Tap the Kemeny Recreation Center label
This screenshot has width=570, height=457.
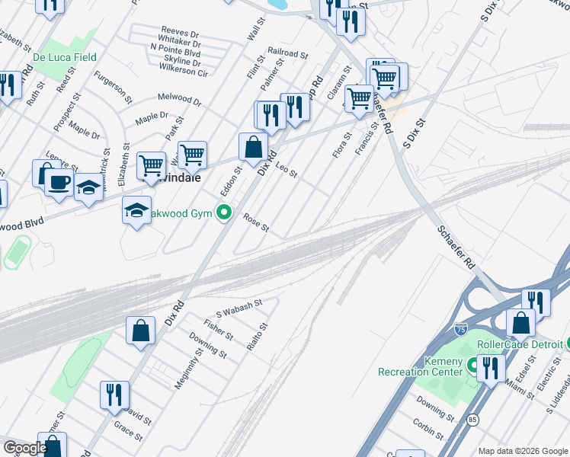421,366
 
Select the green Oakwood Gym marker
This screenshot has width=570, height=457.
224,213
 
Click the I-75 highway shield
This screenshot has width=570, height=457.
460,329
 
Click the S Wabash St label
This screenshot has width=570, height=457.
239,308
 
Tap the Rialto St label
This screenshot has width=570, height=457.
258,336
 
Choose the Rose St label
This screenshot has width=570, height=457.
256,222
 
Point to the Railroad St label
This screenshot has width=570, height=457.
287,55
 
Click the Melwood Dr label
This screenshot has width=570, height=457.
179,98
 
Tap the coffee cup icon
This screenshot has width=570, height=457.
60,183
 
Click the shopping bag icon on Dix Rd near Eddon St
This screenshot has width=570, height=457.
252,147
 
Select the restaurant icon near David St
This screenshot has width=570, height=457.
114,395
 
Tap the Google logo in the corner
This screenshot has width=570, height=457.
25,448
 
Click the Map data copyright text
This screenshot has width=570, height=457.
522,451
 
